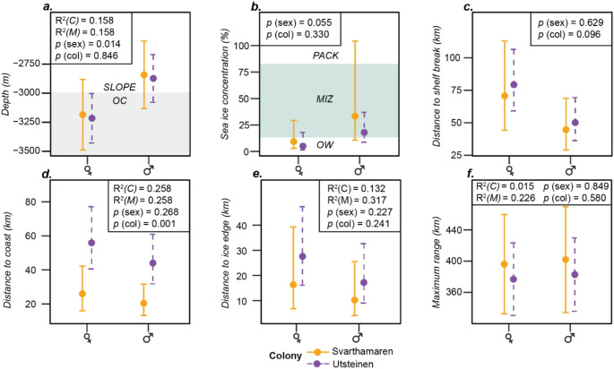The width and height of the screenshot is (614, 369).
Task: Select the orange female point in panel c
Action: click(x=505, y=96)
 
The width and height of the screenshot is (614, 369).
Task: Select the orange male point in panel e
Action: click(x=355, y=300)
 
